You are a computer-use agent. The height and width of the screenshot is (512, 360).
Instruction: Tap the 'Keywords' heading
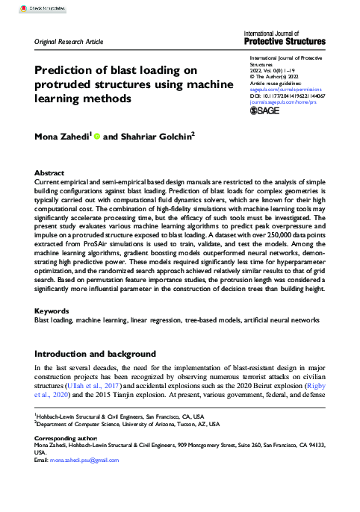click(x=54, y=330)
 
